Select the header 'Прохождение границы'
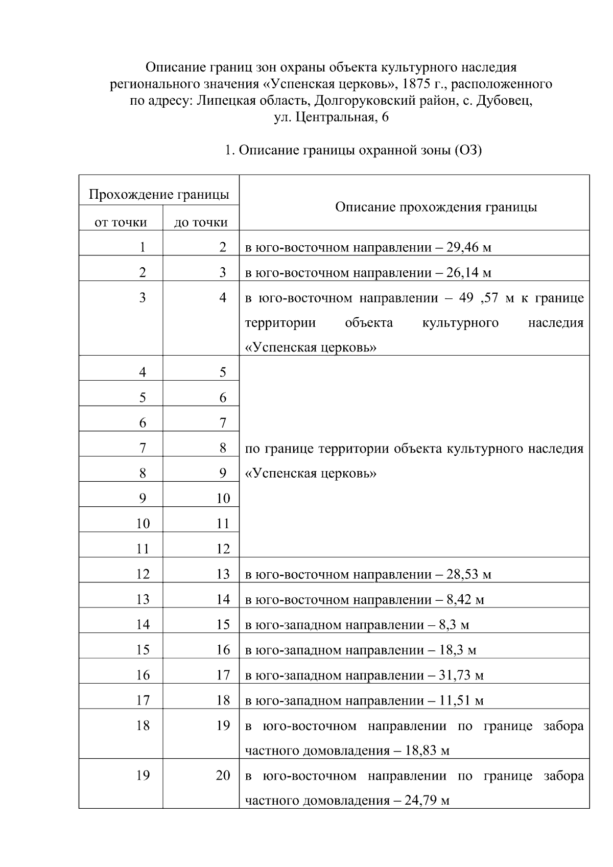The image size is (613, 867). (x=159, y=195)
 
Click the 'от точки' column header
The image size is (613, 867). (x=121, y=222)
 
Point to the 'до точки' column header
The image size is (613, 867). (x=201, y=222)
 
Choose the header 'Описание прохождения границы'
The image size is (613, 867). (x=436, y=207)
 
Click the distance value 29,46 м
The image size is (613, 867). (x=468, y=248)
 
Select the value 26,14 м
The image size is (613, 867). (x=468, y=273)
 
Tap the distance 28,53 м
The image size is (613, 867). (x=468, y=574)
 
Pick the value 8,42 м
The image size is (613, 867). (x=465, y=599)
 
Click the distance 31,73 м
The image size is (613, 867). (x=461, y=675)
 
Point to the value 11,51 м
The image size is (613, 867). (x=461, y=700)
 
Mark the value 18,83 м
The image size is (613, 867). (x=427, y=751)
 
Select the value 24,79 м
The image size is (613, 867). (x=427, y=801)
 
